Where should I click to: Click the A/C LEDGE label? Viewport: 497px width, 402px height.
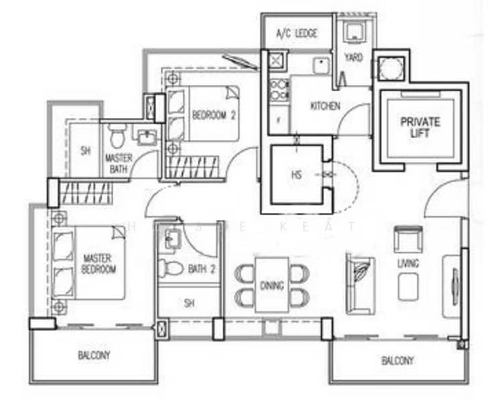(297, 33)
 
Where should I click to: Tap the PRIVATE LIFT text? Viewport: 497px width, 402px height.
(420, 127)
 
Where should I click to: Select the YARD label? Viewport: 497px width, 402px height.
(353, 58)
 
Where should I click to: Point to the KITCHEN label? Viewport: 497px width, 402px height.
(325, 106)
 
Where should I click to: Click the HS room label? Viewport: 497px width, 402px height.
(296, 174)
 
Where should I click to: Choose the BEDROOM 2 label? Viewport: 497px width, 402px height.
(214, 115)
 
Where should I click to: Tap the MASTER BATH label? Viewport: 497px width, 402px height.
(118, 163)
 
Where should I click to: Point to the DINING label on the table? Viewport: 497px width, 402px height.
(271, 285)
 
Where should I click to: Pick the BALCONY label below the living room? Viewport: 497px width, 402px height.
(397, 360)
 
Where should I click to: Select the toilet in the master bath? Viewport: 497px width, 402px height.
(117, 135)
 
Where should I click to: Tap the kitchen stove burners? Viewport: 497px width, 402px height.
(278, 90)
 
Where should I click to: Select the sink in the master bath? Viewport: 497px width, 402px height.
(147, 137)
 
